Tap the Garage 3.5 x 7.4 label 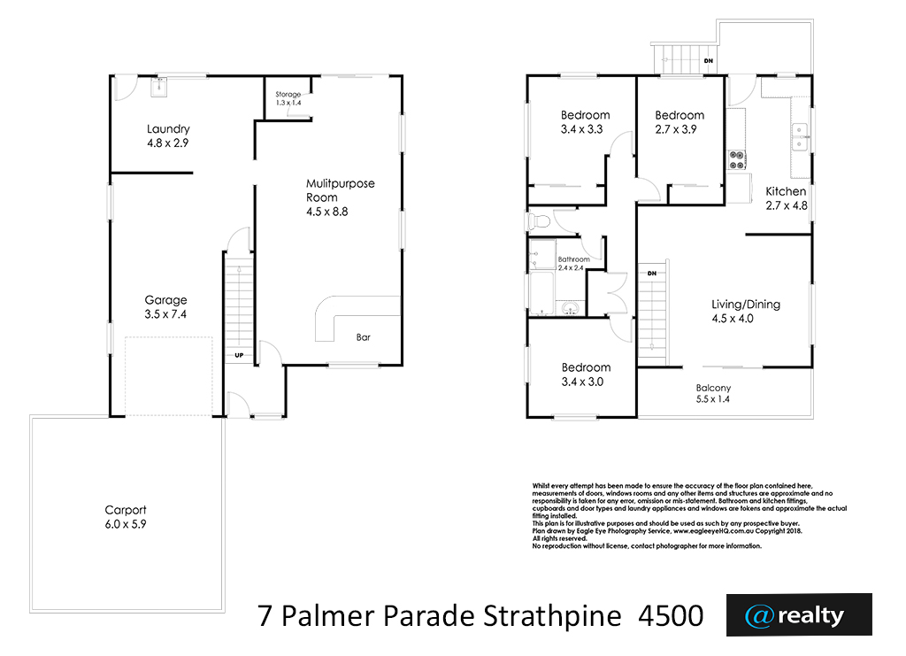pyautogui.click(x=165, y=307)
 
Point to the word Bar pyautogui.click(x=364, y=337)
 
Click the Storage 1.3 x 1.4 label pyautogui.click(x=288, y=98)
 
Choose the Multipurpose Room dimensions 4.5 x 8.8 pyautogui.click(x=327, y=212)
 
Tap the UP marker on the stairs pyautogui.click(x=239, y=356)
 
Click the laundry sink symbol pyautogui.click(x=159, y=88)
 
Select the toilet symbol pyautogui.click(x=538, y=220)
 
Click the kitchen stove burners pyautogui.click(x=737, y=160)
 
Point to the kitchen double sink pyautogui.click(x=800, y=137)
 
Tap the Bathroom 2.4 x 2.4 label pyautogui.click(x=573, y=264)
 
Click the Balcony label pyautogui.click(x=713, y=394)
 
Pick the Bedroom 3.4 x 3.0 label pyautogui.click(x=586, y=374)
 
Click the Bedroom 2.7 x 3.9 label pyautogui.click(x=679, y=122)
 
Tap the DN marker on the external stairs pyautogui.click(x=709, y=61)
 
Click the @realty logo pyautogui.click(x=799, y=615)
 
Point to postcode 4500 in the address pyautogui.click(x=671, y=615)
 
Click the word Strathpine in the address pyautogui.click(x=552, y=616)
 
